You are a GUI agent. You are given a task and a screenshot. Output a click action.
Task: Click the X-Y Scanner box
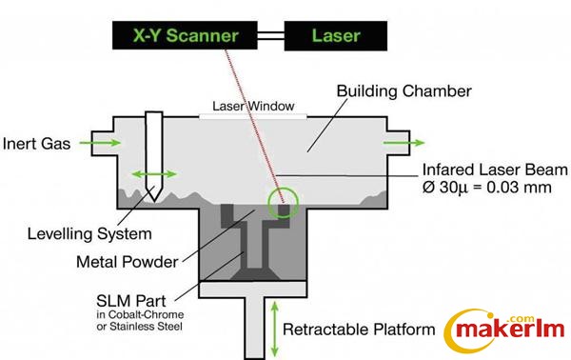coord(185,35)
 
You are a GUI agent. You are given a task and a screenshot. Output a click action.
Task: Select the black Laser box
coord(335,35)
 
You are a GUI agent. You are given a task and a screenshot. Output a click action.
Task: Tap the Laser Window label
coord(253,106)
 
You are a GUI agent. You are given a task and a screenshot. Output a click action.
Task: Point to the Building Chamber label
coord(404,91)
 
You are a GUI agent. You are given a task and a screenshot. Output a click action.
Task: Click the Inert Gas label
coord(36,144)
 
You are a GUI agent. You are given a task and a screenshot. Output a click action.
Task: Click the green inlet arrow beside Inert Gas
coord(100,143)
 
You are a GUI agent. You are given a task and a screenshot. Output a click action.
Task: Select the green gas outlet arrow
coord(404,143)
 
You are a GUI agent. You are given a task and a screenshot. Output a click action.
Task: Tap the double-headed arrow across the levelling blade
coord(154,173)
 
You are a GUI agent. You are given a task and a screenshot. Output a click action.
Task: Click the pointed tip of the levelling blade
coord(154,201)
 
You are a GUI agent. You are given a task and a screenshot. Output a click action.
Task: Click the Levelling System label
coord(89,234)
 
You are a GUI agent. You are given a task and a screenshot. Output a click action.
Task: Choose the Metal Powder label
coord(128,262)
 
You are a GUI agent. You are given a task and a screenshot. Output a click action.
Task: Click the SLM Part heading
coord(131,301)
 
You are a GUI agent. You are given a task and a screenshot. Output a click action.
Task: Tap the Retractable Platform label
coord(359,330)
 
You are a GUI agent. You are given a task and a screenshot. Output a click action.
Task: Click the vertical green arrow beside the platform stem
coord(275,330)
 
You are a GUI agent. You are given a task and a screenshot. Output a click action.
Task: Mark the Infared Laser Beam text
coord(495,170)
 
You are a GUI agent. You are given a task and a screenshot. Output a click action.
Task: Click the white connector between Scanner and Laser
coord(270,35)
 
